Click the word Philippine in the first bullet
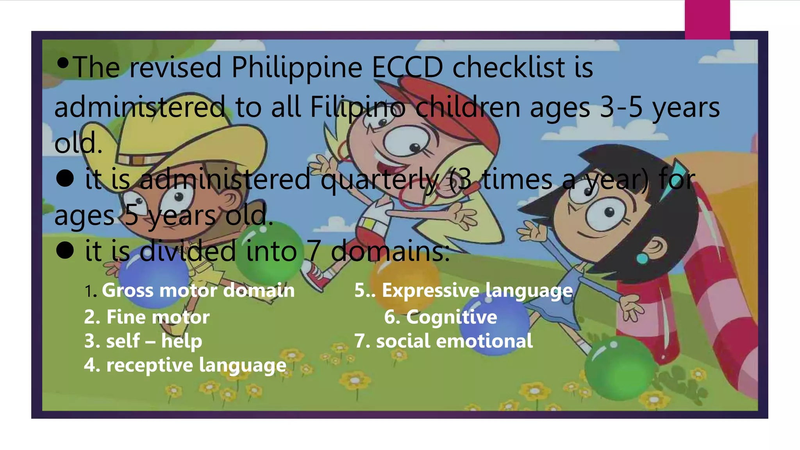point(297,68)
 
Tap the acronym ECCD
point(407,68)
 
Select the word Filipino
point(357,107)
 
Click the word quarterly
point(380,180)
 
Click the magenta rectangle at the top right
point(707,20)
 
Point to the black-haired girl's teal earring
point(642,258)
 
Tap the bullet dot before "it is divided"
point(65,250)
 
